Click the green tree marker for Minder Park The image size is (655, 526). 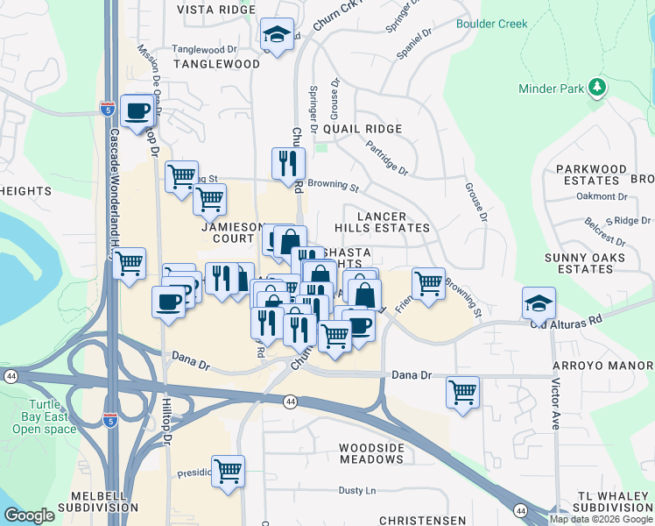click(597, 87)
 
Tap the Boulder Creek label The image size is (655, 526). click(491, 24)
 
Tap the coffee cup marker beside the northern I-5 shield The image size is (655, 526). click(137, 110)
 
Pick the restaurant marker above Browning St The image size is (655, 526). click(287, 162)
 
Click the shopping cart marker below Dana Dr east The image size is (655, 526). click(462, 391)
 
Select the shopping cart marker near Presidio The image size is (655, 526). click(228, 470)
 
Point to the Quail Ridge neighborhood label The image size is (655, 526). click(363, 129)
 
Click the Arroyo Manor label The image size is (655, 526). click(603, 363)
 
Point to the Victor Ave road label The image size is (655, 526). click(555, 402)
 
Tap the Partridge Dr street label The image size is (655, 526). click(387, 159)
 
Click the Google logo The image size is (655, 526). click(30, 515)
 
